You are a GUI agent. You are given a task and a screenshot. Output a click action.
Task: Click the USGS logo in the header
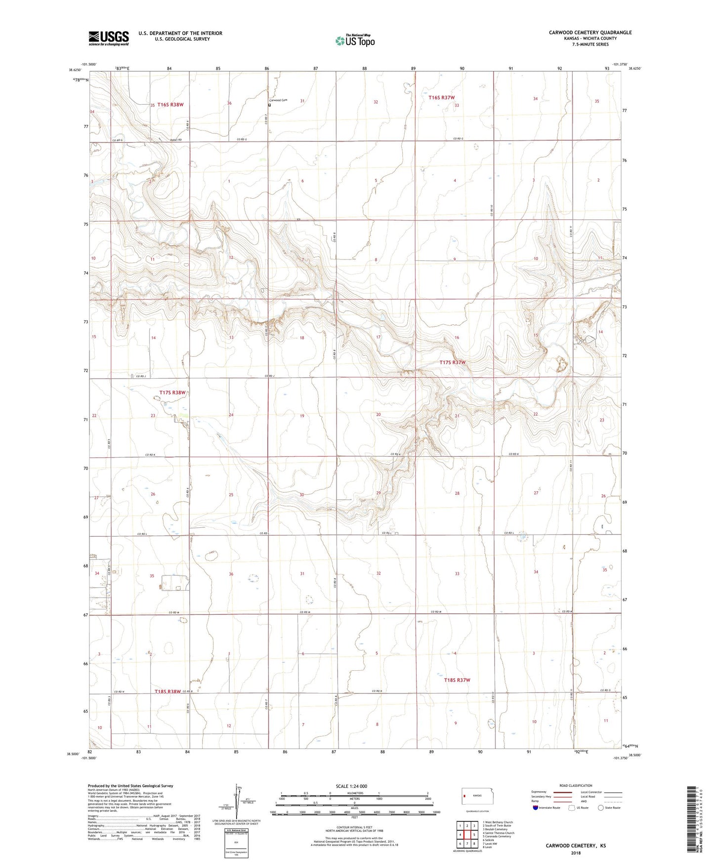pyautogui.click(x=109, y=38)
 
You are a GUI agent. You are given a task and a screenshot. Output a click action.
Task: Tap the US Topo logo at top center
pyautogui.click(x=355, y=41)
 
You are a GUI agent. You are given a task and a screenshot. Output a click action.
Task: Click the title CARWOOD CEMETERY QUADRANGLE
pyautogui.click(x=590, y=33)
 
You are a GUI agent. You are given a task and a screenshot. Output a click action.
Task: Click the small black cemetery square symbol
pyautogui.click(x=270, y=105)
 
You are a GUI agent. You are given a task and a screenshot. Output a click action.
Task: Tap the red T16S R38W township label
pyautogui.click(x=170, y=105)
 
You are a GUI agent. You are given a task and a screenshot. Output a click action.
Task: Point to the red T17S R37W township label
pyautogui.click(x=453, y=362)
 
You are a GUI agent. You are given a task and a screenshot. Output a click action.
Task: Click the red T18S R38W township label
pyautogui.click(x=168, y=691)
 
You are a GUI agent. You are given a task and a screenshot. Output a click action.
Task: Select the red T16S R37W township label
pyautogui.click(x=441, y=98)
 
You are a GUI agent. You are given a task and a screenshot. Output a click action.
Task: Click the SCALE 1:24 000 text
pyautogui.click(x=351, y=786)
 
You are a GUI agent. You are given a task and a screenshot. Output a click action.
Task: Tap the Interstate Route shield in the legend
pyautogui.click(x=536, y=808)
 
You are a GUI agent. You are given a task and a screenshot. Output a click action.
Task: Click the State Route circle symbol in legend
pyautogui.click(x=601, y=808)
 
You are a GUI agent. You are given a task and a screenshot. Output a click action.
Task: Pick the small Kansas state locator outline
pyautogui.click(x=474, y=795)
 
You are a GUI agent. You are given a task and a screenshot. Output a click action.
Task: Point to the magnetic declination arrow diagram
pyautogui.click(x=239, y=803)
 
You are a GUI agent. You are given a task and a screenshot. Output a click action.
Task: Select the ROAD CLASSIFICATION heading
pyautogui.click(x=576, y=785)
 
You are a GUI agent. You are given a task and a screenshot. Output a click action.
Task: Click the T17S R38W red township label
pyautogui.click(x=172, y=392)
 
